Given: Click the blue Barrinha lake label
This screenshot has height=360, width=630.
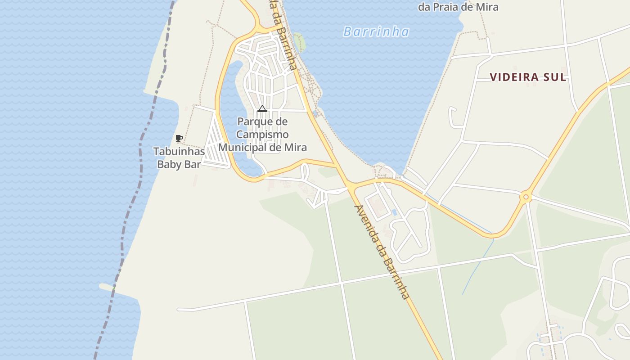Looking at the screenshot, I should (x=376, y=31).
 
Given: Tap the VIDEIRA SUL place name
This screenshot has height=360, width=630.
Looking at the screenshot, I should (x=528, y=77).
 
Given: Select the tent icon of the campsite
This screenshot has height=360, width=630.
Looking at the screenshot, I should (x=262, y=108).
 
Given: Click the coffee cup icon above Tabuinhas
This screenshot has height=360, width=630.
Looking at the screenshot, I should (x=179, y=138).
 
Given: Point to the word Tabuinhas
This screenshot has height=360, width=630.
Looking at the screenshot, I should (x=179, y=151).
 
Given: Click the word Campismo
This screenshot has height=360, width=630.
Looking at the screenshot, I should (x=262, y=135).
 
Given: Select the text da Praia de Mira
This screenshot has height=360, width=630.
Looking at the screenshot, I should (x=458, y=7).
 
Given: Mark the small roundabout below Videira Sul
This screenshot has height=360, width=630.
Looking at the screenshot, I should (x=526, y=197).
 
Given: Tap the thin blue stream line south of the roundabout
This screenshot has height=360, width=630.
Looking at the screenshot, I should (x=477, y=265).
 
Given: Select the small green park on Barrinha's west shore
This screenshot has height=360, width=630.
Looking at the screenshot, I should (x=299, y=42).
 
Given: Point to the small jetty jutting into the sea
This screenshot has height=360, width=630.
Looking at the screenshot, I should (x=108, y=287).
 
